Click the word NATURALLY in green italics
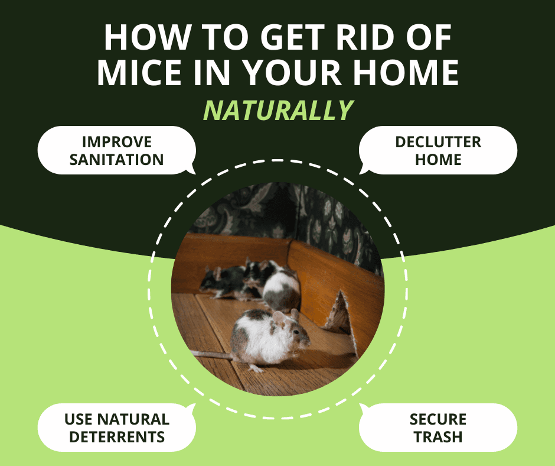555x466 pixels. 278,111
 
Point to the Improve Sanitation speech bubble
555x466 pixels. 116,150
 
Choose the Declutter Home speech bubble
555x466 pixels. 438,150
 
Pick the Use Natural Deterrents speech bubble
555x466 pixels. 116,428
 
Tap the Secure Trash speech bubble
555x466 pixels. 438,428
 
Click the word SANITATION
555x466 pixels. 116,160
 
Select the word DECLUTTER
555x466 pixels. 438,142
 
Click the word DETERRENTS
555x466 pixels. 116,438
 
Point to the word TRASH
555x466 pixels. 438,438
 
